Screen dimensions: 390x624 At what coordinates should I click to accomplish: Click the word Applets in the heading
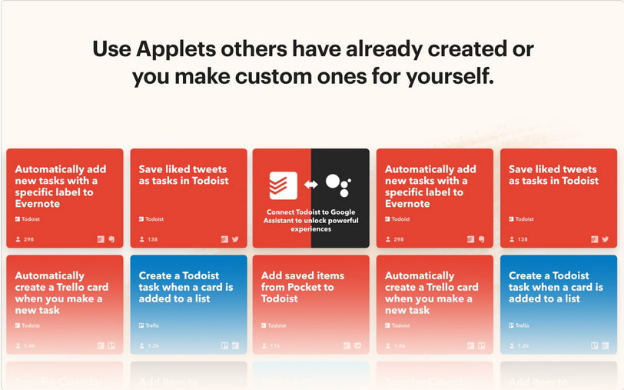(x=175, y=49)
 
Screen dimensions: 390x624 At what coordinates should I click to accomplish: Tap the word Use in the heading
(x=112, y=49)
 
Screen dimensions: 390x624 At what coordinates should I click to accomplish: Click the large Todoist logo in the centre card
(x=283, y=185)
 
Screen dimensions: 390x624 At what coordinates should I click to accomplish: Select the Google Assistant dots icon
(x=337, y=185)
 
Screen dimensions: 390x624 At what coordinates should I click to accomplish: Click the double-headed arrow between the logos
(x=310, y=185)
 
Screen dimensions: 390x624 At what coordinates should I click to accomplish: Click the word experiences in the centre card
(x=311, y=229)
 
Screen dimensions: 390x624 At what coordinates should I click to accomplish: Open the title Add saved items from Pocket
(x=303, y=287)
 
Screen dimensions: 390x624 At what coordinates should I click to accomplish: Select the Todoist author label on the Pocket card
(x=274, y=325)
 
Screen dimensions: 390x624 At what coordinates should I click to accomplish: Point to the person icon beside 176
(x=265, y=346)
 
